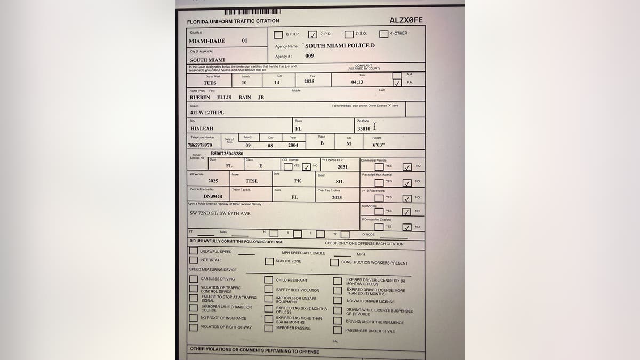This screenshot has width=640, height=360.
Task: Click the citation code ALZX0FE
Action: (406, 20)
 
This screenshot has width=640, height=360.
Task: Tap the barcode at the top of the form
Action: (252, 12)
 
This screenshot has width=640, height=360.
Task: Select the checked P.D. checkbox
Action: (313, 35)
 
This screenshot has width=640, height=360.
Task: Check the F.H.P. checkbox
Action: (278, 35)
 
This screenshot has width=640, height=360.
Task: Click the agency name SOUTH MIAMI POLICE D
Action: (340, 46)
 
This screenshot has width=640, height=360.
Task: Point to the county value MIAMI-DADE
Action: (207, 41)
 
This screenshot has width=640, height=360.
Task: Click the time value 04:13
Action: (357, 82)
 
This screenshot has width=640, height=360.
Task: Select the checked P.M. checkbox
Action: (396, 83)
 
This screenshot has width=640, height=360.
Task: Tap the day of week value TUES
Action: (210, 83)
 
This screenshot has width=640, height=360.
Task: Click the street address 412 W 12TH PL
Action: (207, 113)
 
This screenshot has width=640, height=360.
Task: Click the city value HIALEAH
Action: (201, 129)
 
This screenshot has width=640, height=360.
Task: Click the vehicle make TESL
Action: (252, 181)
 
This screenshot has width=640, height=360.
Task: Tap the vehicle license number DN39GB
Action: (212, 197)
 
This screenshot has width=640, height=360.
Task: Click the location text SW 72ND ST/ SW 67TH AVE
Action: (220, 213)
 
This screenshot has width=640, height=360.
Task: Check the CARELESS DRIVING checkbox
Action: (193, 279)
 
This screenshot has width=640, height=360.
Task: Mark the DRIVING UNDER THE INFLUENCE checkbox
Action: (337, 321)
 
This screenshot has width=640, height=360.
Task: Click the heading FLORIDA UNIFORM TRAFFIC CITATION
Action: (233, 21)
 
